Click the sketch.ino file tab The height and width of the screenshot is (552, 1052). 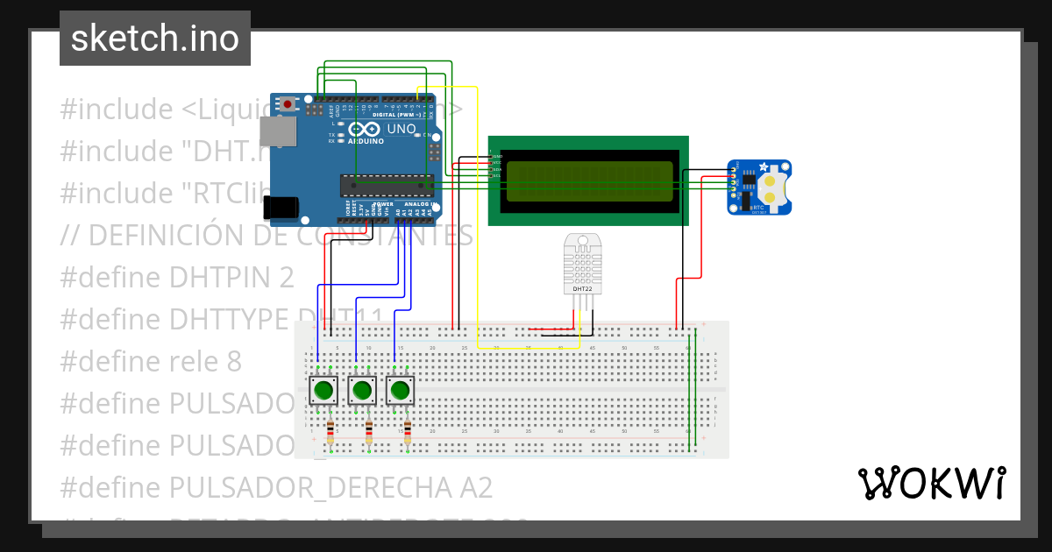pos(154,39)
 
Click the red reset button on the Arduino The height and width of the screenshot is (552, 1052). pos(288,104)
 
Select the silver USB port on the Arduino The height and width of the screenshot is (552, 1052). pos(279,131)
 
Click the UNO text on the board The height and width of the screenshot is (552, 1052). pos(402,129)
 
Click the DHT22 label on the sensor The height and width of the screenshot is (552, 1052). pos(583,288)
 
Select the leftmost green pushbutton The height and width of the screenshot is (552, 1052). pos(324,389)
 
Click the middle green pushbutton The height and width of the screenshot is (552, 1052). pos(363,389)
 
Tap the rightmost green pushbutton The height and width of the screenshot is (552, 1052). pos(401,389)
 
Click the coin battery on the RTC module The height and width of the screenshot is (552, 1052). pos(772,183)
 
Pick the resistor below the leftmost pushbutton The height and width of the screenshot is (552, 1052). pos(330,430)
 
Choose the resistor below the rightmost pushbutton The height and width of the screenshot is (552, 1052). pos(408,430)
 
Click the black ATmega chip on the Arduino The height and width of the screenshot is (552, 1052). pos(387,184)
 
